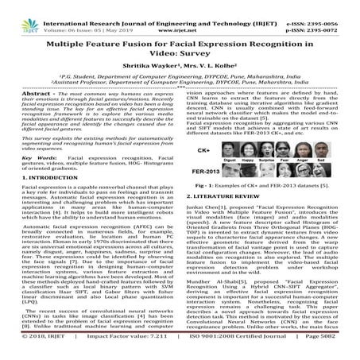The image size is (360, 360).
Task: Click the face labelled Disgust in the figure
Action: click(230, 149)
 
